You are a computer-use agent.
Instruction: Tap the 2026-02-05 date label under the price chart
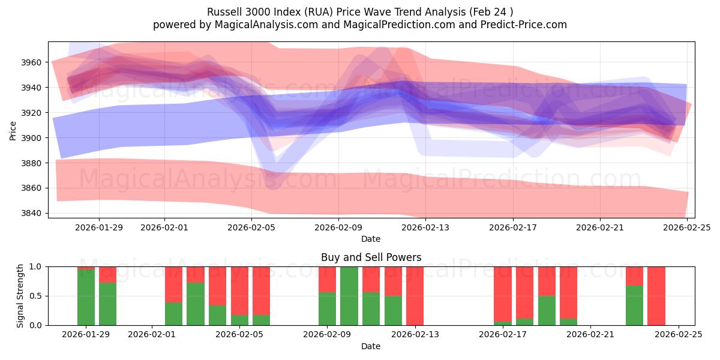251,228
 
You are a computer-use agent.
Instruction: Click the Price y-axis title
13,130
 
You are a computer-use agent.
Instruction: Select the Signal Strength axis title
20,296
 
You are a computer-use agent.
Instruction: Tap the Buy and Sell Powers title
371,257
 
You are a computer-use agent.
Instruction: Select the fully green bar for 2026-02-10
349,296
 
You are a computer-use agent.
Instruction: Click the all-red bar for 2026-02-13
415,296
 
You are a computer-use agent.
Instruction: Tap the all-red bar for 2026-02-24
656,296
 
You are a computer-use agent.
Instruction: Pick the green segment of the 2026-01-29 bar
86,298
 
